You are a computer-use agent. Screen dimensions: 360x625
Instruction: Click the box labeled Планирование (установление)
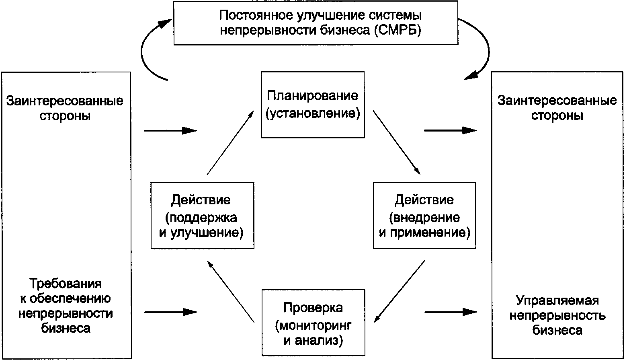313,105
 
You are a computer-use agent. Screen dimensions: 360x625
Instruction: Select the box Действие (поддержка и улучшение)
202,216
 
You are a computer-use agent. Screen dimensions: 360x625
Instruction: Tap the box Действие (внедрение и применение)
424,216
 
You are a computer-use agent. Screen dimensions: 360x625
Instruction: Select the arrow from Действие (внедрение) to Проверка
399,291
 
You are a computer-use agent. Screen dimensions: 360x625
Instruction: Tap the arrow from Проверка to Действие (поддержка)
231,291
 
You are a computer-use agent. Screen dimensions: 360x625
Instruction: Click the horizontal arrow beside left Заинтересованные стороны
170,130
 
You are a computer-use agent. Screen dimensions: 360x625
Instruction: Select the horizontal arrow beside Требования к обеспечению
170,312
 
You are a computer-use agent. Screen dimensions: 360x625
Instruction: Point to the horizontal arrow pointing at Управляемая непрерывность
450,312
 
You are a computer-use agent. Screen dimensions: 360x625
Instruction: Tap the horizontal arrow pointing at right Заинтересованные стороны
450,130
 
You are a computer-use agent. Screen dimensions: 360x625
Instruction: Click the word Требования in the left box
66,284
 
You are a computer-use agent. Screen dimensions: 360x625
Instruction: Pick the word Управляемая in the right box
557,300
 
